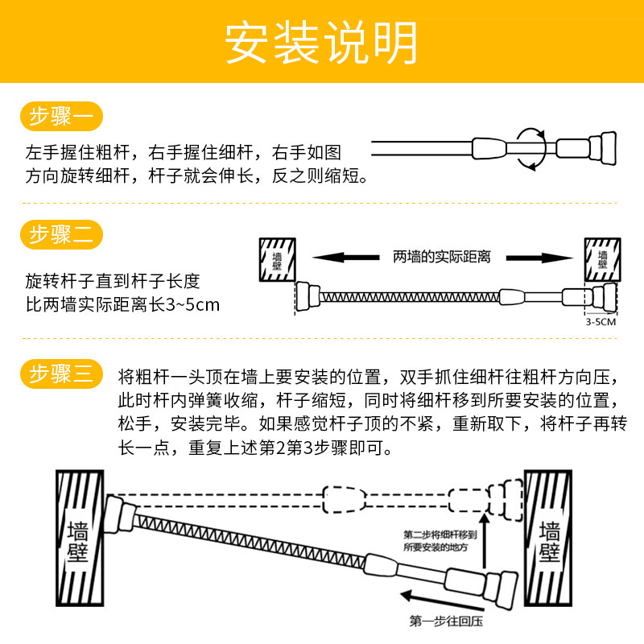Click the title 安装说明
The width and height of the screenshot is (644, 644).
click(321, 43)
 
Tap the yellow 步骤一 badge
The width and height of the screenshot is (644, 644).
click(60, 118)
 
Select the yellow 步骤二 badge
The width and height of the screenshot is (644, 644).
click(60, 235)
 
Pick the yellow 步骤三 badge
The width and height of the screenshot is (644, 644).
click(60, 374)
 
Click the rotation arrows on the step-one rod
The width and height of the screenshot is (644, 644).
click(529, 148)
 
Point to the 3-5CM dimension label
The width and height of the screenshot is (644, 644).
click(601, 321)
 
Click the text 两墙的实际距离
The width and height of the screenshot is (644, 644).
click(442, 257)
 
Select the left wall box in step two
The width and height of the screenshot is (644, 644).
click(275, 258)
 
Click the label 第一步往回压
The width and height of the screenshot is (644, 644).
click(448, 621)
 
